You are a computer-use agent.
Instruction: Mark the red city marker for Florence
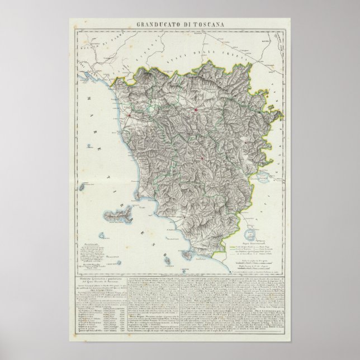tap(196, 110)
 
